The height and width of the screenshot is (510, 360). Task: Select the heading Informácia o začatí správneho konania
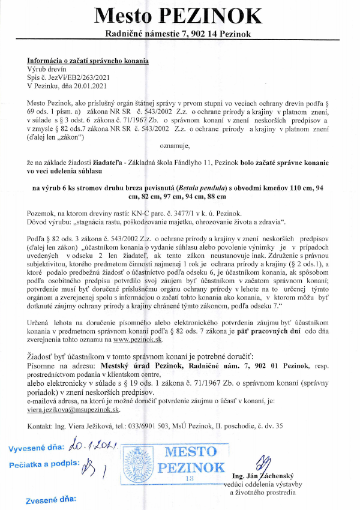[88, 62]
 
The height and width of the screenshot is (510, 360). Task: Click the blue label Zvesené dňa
[50, 499]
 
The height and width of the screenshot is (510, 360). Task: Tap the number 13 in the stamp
[189, 478]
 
